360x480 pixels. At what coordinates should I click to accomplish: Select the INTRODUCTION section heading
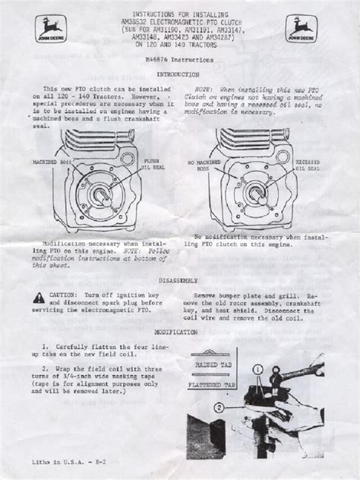[178, 76]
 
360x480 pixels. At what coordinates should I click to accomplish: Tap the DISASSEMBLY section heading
[179, 279]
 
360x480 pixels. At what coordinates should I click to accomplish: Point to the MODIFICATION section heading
[179, 332]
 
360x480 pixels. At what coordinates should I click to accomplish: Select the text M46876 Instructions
[179, 58]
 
